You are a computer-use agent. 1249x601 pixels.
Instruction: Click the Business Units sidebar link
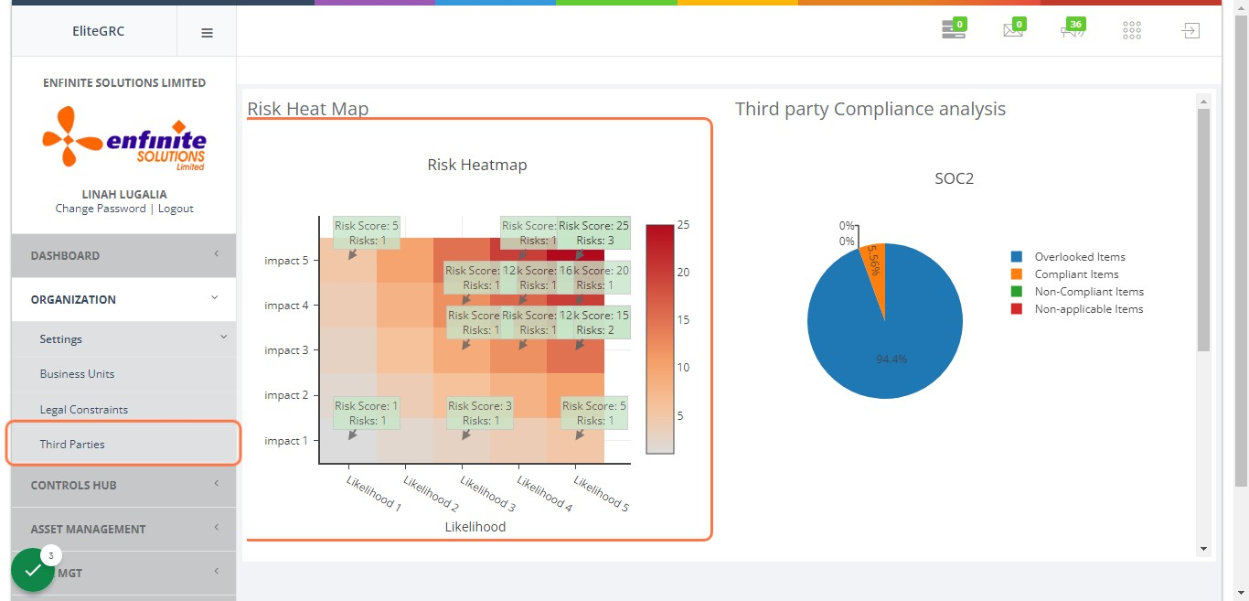pos(77,374)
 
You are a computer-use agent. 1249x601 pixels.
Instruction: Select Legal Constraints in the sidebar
pos(83,410)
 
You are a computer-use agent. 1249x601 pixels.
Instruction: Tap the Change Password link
pos(101,209)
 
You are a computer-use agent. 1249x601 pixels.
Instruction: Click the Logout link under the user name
pos(176,209)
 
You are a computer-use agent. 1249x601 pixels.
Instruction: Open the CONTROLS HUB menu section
pos(73,486)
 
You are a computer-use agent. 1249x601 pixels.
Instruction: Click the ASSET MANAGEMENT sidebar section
pos(88,529)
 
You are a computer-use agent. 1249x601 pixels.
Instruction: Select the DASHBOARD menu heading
pos(65,255)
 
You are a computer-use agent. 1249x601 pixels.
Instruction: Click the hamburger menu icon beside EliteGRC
pos(207,32)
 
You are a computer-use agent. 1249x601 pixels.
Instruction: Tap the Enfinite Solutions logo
pos(124,138)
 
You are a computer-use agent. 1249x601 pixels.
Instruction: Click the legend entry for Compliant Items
pos(1076,274)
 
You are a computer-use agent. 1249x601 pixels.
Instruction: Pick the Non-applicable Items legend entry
pos(1088,309)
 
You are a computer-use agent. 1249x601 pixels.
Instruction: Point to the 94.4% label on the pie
pos(891,360)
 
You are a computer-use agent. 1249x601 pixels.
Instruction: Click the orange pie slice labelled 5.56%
pos(875,265)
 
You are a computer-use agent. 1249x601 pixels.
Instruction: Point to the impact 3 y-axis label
pos(285,350)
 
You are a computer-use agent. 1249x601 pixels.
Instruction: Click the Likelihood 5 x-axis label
pos(601,491)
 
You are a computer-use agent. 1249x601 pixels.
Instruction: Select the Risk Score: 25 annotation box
pos(593,233)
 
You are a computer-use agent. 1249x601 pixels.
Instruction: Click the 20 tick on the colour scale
pos(683,273)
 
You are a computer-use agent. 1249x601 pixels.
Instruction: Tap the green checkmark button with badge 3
pos(33,570)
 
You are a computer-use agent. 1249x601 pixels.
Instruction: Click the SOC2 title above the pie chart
pos(954,178)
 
